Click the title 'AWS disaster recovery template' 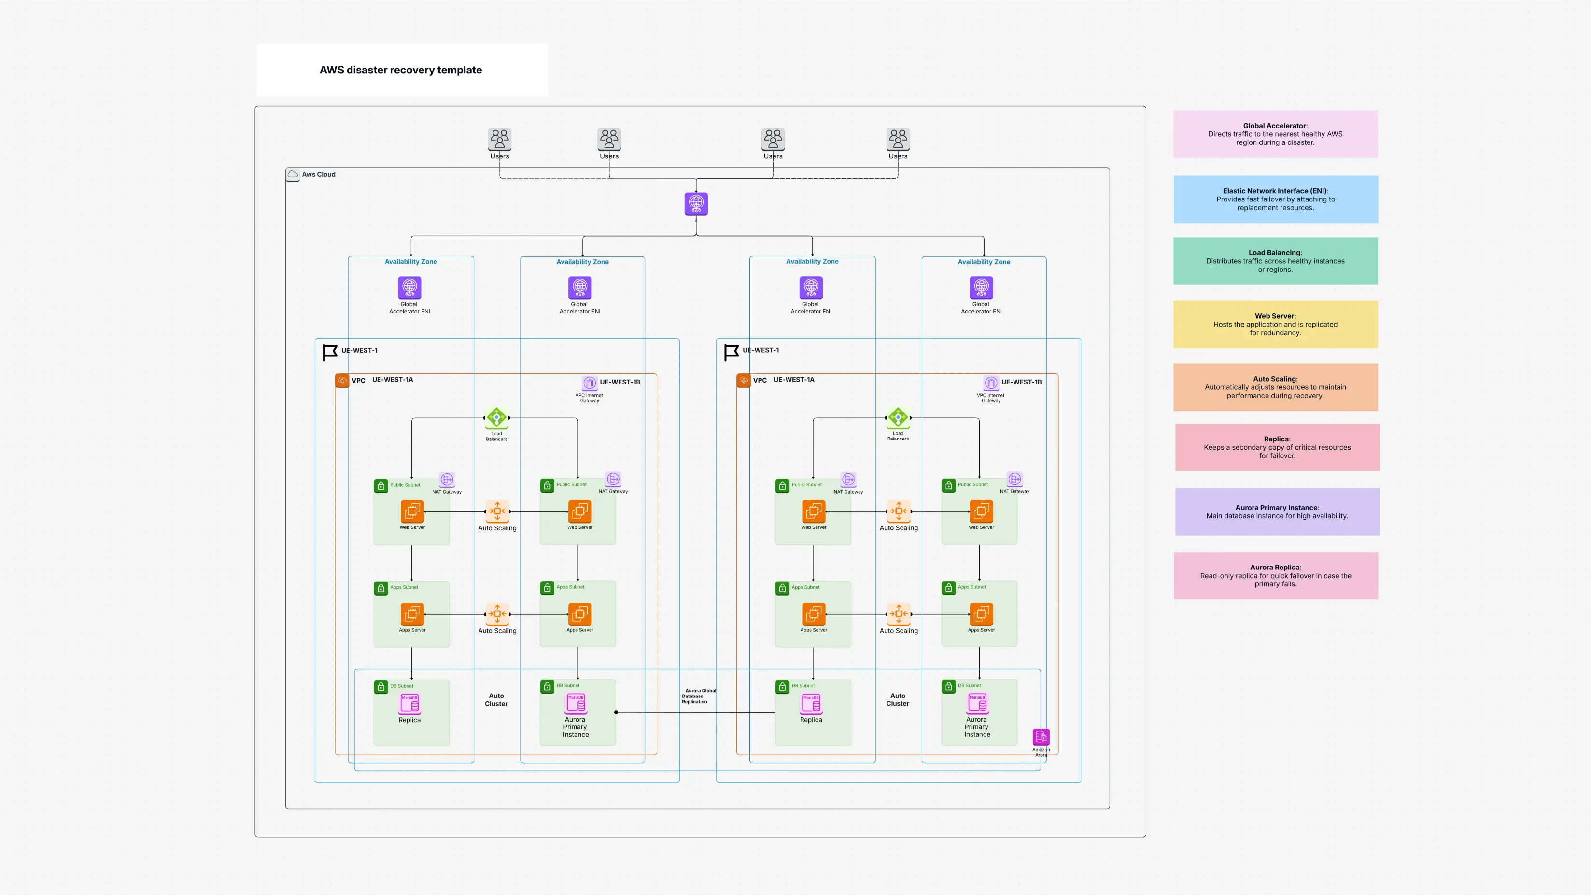(x=400, y=70)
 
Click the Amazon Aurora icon (x=1041, y=737)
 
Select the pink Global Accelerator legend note (x=1275, y=134)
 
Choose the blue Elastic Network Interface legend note (x=1275, y=199)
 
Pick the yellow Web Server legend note (x=1275, y=324)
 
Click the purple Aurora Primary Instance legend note (x=1277, y=511)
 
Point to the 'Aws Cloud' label (x=318, y=174)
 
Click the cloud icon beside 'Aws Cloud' (x=293, y=174)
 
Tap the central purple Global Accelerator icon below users (x=696, y=203)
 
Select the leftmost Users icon (x=499, y=139)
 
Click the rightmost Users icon (x=898, y=139)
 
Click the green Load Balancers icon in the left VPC (x=496, y=417)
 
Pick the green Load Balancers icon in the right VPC (x=898, y=417)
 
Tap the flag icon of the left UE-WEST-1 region (x=330, y=352)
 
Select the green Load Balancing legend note (x=1275, y=261)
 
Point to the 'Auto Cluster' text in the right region (x=898, y=699)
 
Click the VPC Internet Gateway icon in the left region (x=589, y=383)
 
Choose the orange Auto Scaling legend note (x=1275, y=387)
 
